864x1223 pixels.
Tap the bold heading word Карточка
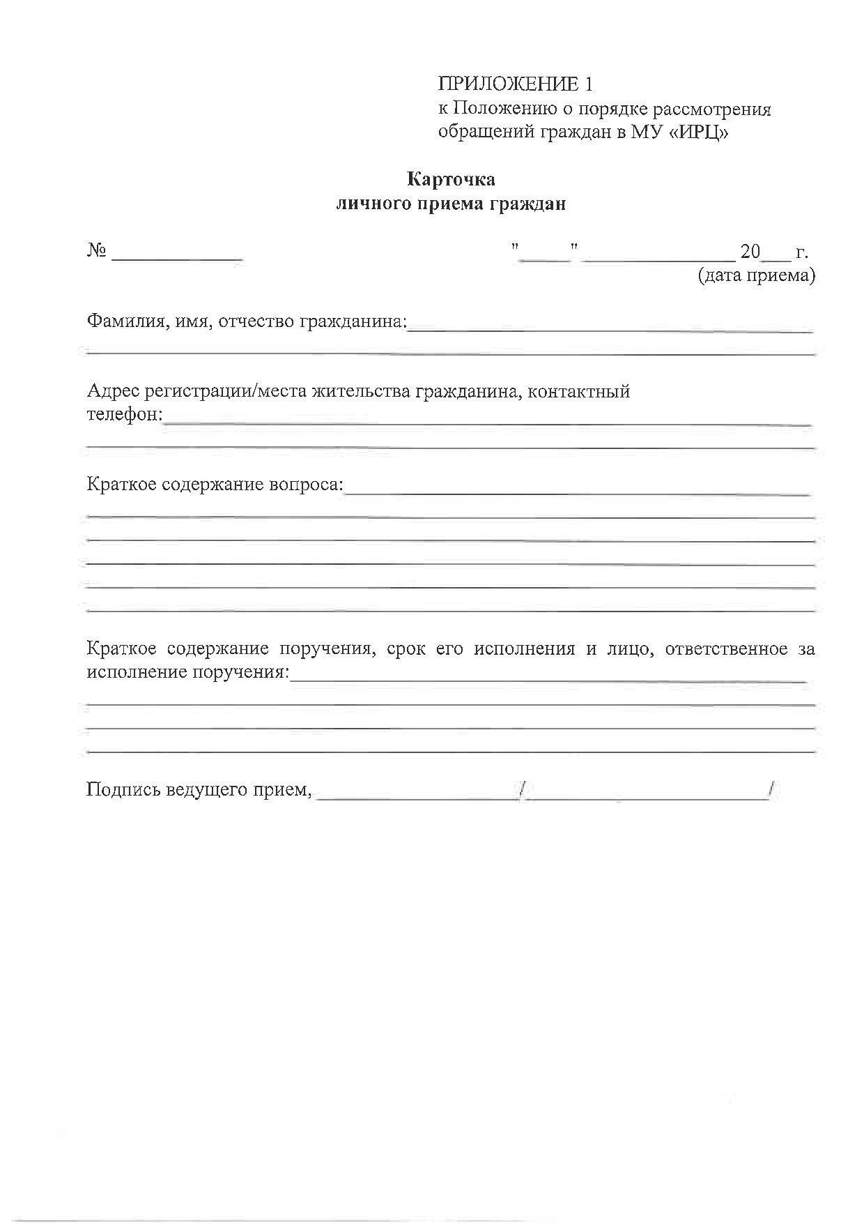[x=452, y=180]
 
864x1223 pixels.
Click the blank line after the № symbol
[x=177, y=257]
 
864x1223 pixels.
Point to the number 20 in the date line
[x=750, y=251]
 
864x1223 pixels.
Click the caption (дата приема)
[x=756, y=275]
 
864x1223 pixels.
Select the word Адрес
[x=113, y=391]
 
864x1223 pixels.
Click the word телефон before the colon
[x=122, y=415]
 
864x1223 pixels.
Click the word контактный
[x=579, y=391]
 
